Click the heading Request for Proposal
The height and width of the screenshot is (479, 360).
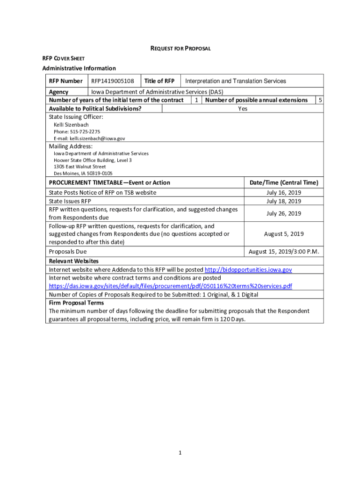pyautogui.click(x=180, y=48)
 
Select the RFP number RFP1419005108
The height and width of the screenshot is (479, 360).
pyautogui.click(x=112, y=81)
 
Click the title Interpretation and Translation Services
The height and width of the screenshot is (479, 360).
pyautogui.click(x=236, y=81)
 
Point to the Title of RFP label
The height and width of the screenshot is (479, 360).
pyautogui.click(x=159, y=81)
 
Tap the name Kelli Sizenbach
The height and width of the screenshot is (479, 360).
pyautogui.click(x=71, y=125)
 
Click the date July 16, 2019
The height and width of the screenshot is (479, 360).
pyautogui.click(x=283, y=193)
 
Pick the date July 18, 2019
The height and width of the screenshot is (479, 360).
pyautogui.click(x=283, y=201)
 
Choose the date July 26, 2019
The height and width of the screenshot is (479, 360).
pyautogui.click(x=283, y=213)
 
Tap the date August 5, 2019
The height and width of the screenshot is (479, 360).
pyautogui.click(x=283, y=234)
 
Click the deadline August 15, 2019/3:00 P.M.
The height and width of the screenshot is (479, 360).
pyautogui.click(x=283, y=252)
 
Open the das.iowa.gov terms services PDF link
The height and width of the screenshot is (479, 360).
pyautogui.click(x=170, y=286)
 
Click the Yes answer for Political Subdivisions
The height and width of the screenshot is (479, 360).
pyautogui.click(x=243, y=109)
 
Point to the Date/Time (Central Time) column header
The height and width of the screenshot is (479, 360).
pyautogui.click(x=283, y=182)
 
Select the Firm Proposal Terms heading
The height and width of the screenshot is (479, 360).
pyautogui.click(x=76, y=303)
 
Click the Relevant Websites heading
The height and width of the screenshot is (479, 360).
pyautogui.click(x=73, y=261)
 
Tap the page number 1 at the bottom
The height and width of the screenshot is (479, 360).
pyautogui.click(x=180, y=453)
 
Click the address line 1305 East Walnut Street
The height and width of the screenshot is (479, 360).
pyautogui.click(x=79, y=167)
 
